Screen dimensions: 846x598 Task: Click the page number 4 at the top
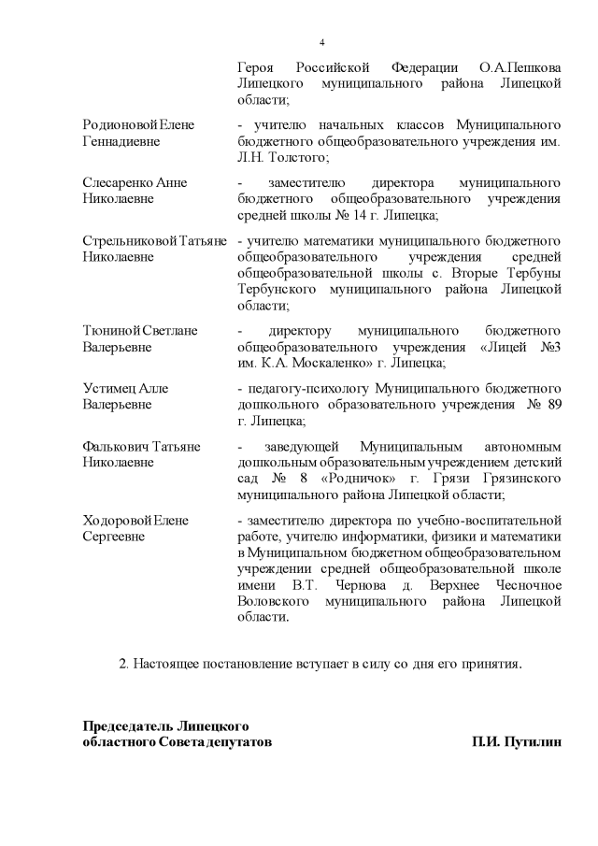point(321,43)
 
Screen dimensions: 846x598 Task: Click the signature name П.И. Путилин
point(519,742)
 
